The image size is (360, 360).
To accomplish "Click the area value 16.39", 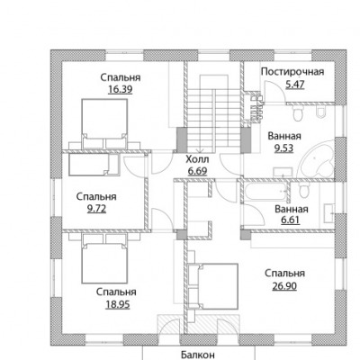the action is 120,90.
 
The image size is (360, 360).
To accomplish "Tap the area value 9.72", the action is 96,209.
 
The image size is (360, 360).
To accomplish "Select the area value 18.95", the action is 118,304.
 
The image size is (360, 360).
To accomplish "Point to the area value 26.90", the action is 284,286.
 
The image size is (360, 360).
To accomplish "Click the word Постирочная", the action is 292,72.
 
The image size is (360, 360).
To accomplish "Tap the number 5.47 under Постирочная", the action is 295,85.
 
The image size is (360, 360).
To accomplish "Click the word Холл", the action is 197,159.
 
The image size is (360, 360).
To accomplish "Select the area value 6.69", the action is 197,171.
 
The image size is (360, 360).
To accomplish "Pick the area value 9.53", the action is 284,148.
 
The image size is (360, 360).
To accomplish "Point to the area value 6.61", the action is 290,220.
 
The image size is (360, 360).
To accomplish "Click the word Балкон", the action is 198,355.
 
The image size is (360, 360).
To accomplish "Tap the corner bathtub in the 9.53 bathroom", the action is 318,159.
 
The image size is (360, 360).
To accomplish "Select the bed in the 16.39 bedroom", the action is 104,120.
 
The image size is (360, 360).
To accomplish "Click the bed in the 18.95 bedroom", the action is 104,263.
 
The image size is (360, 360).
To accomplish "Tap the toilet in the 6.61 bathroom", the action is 304,190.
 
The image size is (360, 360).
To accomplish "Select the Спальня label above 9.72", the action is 96,197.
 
